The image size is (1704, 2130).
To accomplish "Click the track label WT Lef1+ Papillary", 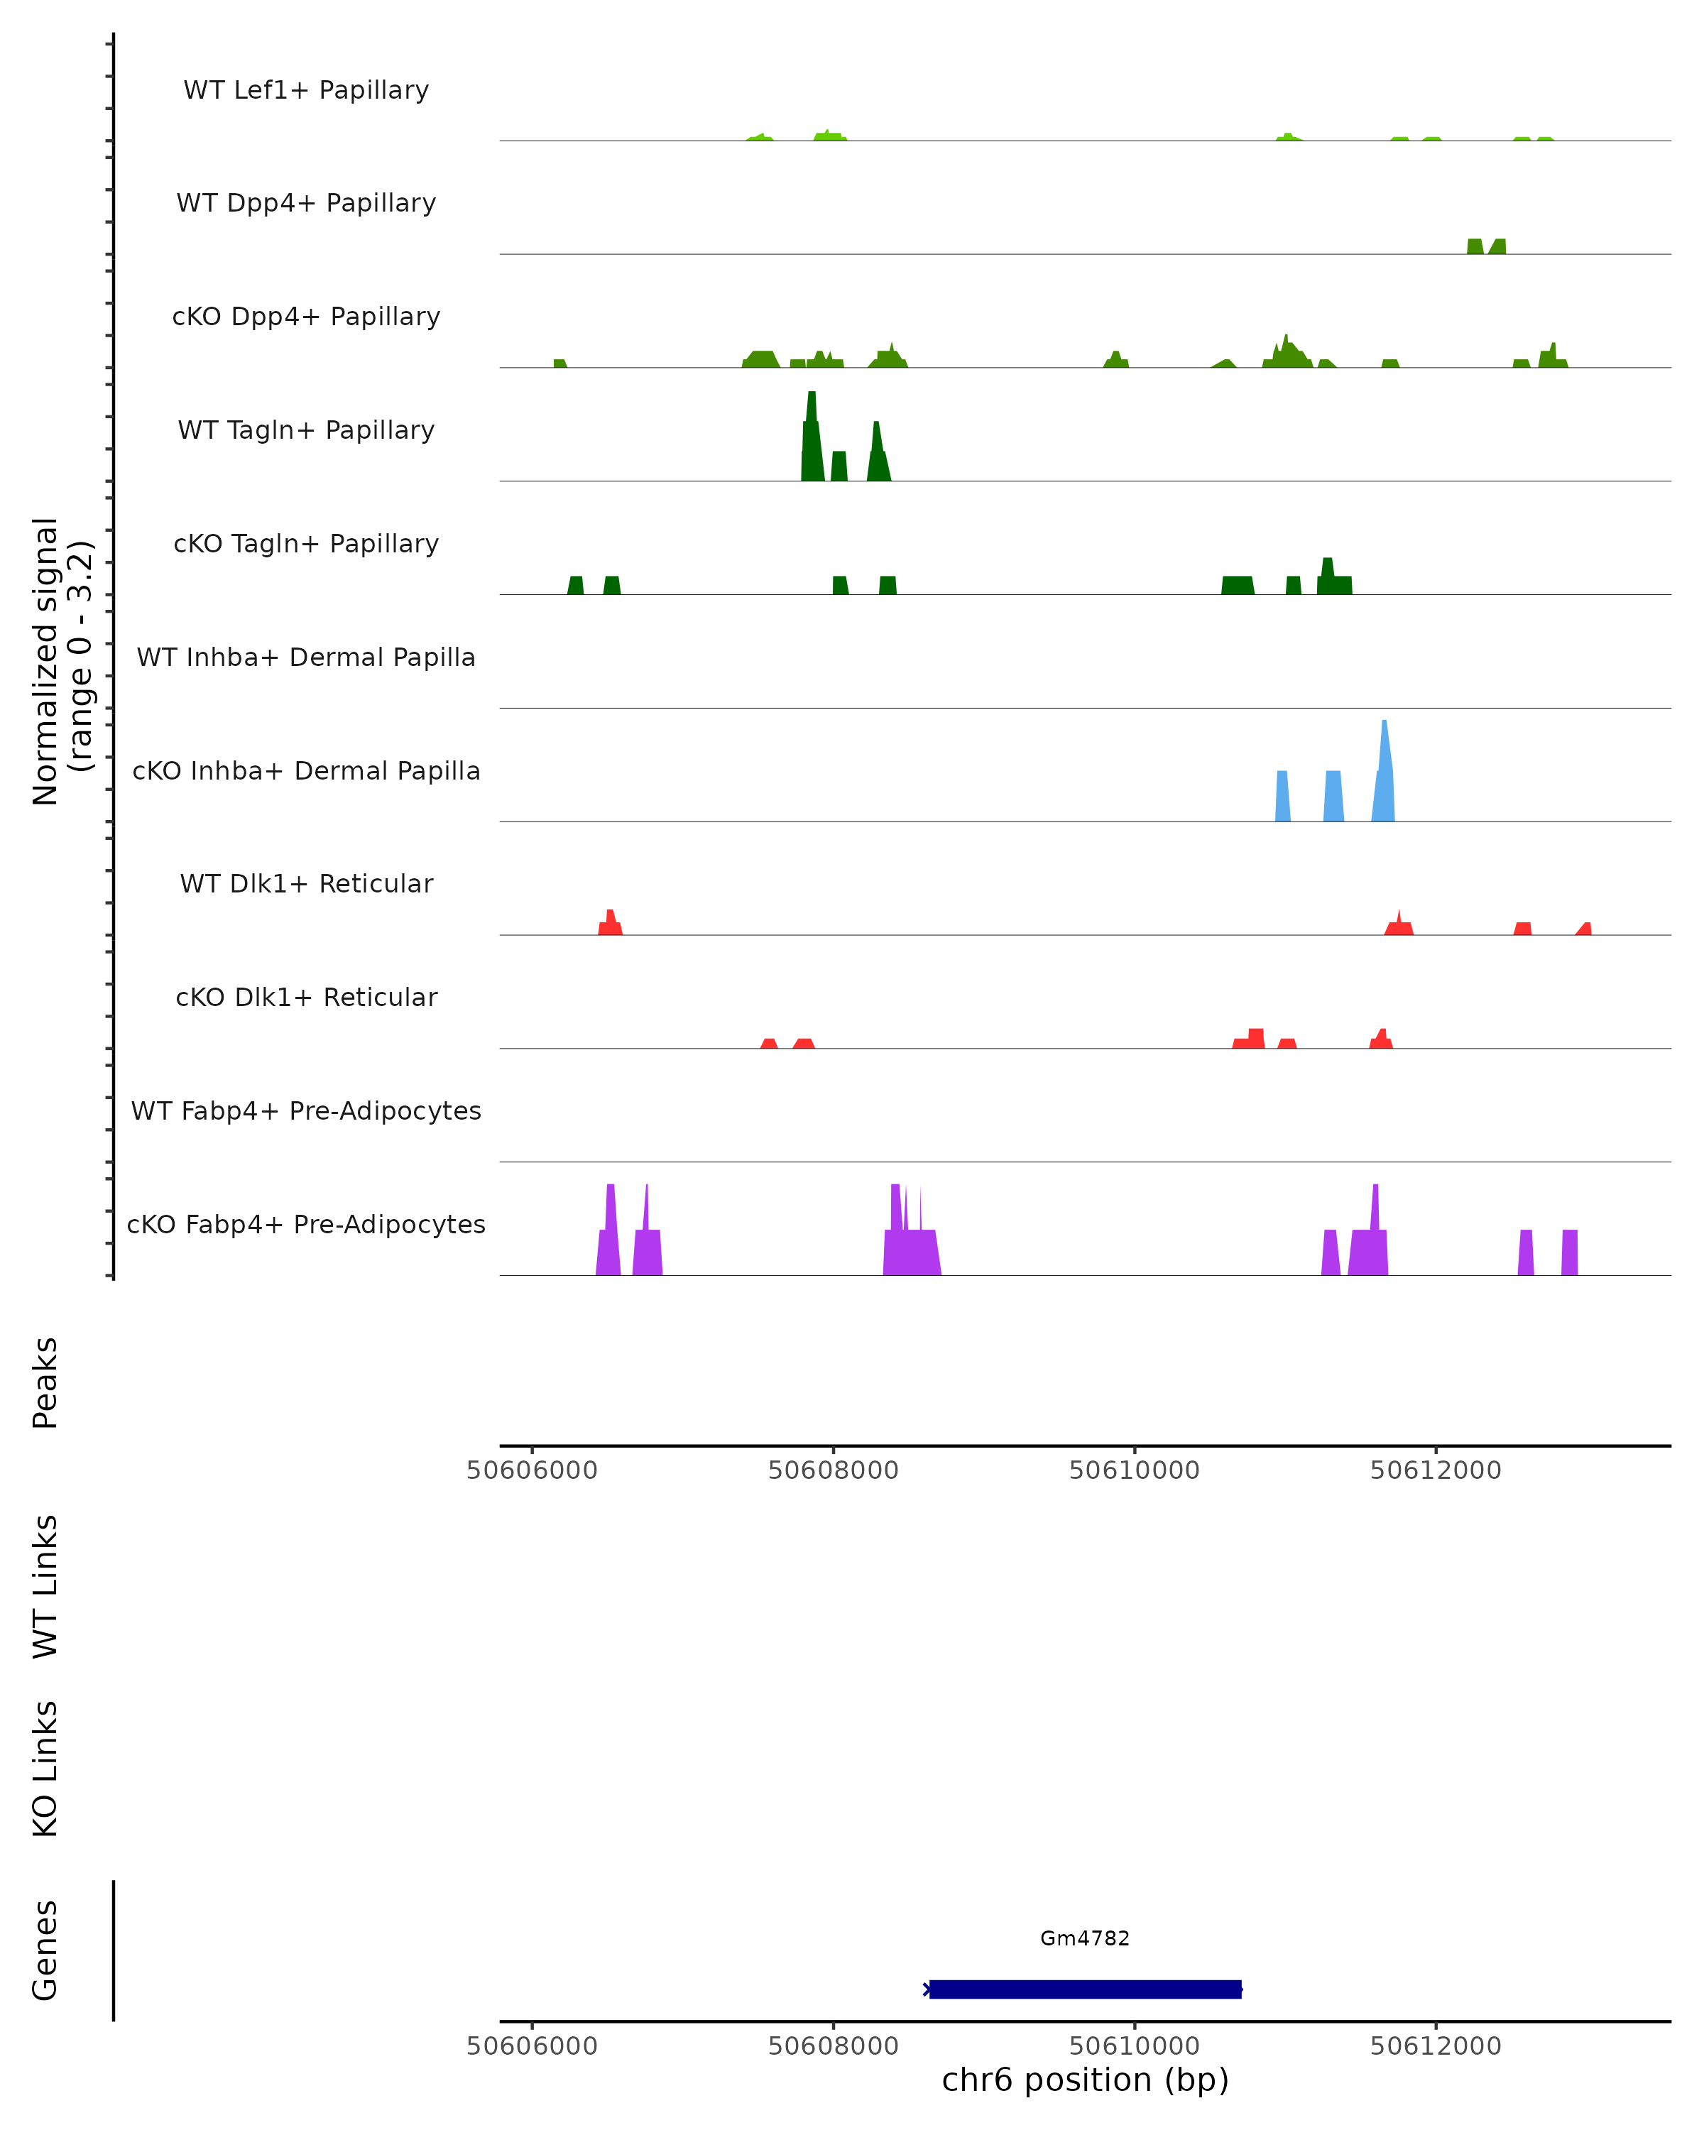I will click(306, 90).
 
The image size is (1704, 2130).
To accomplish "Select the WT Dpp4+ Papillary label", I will click(306, 204).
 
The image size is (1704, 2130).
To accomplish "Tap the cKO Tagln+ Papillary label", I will click(306, 545).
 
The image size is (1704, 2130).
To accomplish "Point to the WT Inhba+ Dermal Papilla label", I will click(306, 658).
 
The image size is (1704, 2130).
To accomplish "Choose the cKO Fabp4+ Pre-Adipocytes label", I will click(306, 1225).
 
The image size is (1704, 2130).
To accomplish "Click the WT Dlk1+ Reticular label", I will click(306, 884).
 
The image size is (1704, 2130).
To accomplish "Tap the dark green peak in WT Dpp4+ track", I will click(1475, 247).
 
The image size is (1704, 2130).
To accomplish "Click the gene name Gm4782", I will click(1085, 1938).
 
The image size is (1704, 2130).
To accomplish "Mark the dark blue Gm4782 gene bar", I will click(1085, 1989).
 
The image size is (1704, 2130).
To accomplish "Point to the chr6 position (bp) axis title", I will click(1085, 2080).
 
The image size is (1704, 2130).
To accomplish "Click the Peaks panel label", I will click(45, 1383).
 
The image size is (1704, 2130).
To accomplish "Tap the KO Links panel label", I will click(45, 1769).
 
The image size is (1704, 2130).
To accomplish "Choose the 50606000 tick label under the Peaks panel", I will click(532, 1470).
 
